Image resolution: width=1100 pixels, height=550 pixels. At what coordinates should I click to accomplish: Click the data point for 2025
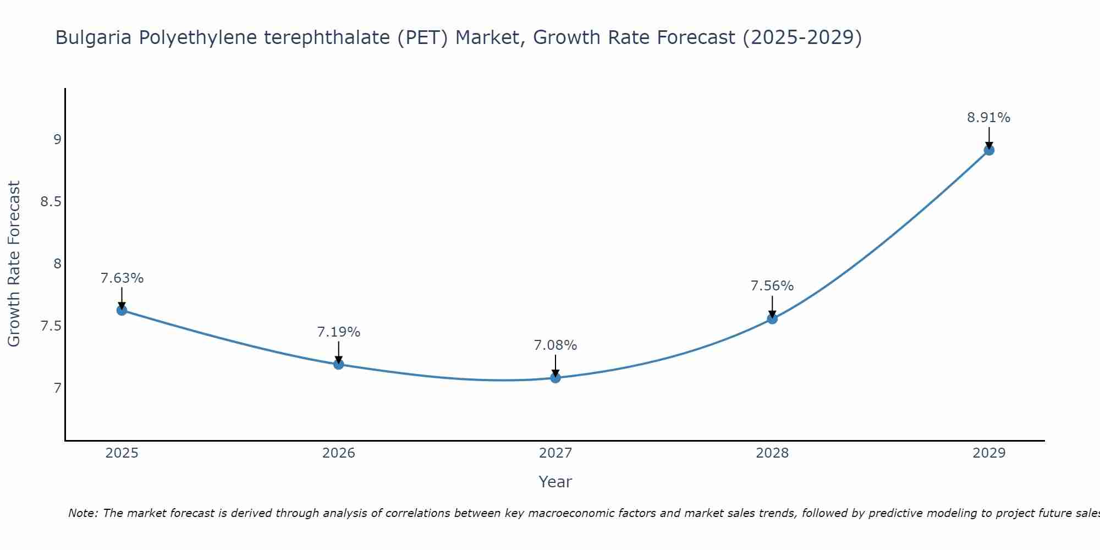click(x=122, y=310)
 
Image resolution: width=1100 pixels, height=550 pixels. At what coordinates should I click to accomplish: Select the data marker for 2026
click(x=338, y=364)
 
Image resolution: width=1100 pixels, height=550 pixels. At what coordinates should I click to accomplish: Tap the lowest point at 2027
click(x=555, y=378)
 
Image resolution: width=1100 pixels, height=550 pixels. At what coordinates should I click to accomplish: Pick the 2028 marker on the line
click(x=772, y=318)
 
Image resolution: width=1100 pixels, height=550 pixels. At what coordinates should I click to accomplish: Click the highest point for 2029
click(x=988, y=150)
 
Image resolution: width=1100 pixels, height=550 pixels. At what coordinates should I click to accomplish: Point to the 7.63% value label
click(x=122, y=278)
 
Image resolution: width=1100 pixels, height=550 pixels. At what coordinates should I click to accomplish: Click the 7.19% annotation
click(x=338, y=332)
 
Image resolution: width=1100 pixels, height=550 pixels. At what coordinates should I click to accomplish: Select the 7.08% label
click(x=555, y=345)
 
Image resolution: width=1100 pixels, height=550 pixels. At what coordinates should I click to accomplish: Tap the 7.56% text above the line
click(x=772, y=286)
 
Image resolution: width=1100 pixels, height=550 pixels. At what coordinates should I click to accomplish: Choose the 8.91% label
click(x=988, y=118)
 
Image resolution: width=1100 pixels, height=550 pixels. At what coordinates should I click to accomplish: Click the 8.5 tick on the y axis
click(x=51, y=202)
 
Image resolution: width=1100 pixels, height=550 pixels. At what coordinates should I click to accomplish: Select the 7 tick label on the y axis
click(x=57, y=388)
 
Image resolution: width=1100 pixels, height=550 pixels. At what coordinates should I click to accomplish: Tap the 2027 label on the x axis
click(x=555, y=453)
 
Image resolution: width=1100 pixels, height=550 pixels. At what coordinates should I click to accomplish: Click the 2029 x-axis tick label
click(x=988, y=453)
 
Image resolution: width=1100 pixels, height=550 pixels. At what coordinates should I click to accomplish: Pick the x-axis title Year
click(x=555, y=482)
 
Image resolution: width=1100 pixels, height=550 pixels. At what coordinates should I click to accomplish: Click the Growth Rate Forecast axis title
click(x=14, y=264)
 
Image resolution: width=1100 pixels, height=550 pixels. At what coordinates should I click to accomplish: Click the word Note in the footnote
click(x=82, y=513)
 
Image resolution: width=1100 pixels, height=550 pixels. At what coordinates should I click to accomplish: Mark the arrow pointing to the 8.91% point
click(x=988, y=137)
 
